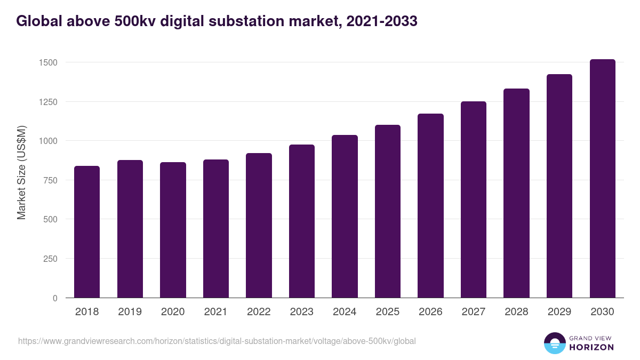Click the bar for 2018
pos(87,232)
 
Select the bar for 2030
pos(602,179)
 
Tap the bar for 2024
pos(345,217)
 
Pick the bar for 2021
pos(216,229)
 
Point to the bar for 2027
pos(474,199)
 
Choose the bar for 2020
pos(173,230)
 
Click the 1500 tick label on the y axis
pos(48,62)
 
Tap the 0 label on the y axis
pos(55,298)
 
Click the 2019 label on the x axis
pos(130,312)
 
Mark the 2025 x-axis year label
pos(388,312)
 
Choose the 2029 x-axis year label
pos(559,312)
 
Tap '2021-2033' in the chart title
pos(382,21)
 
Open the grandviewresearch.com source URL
pos(217,341)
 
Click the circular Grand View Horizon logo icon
pos(554,343)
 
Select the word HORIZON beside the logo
pos(591,347)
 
